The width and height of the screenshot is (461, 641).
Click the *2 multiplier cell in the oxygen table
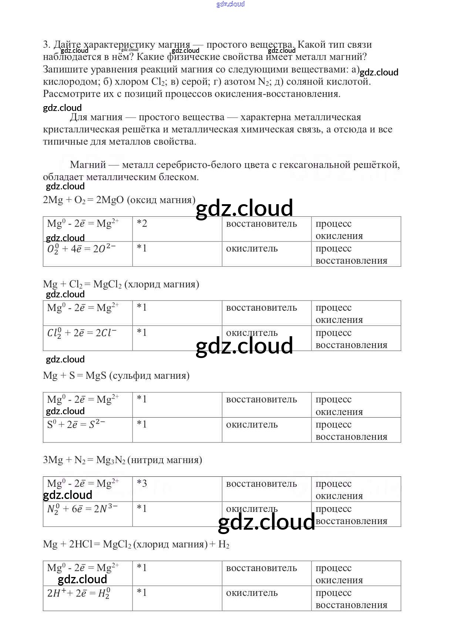[x=142, y=223]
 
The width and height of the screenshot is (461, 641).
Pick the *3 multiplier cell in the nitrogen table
[x=142, y=483]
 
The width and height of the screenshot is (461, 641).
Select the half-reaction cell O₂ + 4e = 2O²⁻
[x=81, y=249]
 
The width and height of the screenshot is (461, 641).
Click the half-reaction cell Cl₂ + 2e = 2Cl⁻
[x=82, y=333]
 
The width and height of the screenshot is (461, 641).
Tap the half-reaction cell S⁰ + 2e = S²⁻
[x=76, y=425]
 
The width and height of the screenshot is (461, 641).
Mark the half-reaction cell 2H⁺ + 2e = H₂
[x=79, y=593]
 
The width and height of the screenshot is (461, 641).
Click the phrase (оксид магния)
[x=161, y=200]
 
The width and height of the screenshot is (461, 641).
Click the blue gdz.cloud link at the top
[x=231, y=4]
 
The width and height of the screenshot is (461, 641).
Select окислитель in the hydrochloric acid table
[x=252, y=593]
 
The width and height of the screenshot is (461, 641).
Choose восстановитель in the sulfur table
[x=262, y=399]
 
